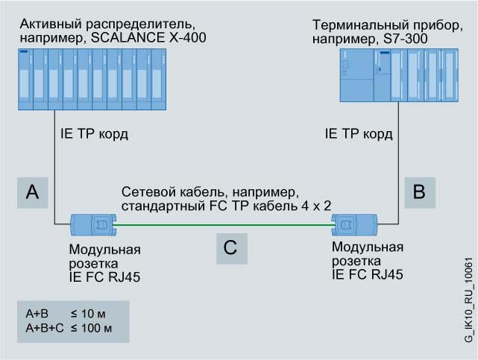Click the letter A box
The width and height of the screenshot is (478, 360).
[x=32, y=193]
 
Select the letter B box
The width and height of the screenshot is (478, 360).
[x=419, y=193]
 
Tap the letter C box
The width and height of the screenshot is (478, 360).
[x=230, y=248]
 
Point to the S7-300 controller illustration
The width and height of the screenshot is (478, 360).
[x=398, y=75]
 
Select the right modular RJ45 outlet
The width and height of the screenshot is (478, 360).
[x=356, y=222]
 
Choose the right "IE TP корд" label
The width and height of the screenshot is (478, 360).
[x=359, y=135]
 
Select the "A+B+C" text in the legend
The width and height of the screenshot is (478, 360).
[x=43, y=328]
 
